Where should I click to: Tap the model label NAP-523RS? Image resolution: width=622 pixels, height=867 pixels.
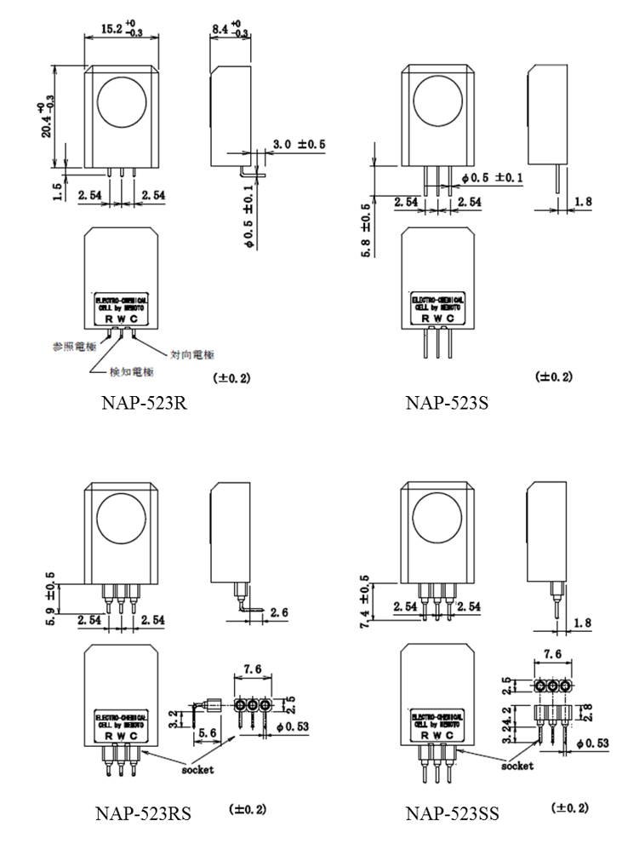[x=142, y=814]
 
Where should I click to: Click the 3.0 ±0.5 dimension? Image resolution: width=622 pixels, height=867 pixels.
[x=299, y=145]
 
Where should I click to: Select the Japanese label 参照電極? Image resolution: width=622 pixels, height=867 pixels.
[x=72, y=347]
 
